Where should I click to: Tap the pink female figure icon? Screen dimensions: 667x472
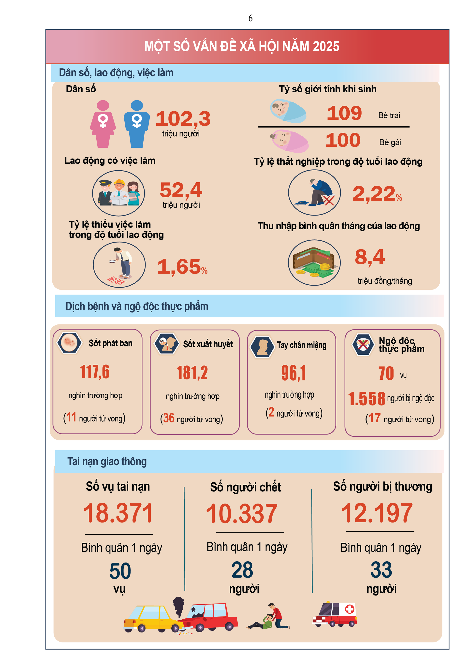[103, 124]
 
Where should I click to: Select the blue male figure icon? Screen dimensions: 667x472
[137, 124]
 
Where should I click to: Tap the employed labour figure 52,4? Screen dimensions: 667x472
[181, 190]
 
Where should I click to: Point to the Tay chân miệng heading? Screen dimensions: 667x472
[301, 345]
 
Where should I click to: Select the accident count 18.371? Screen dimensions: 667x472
[118, 513]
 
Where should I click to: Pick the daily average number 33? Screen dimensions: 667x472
[381, 570]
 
